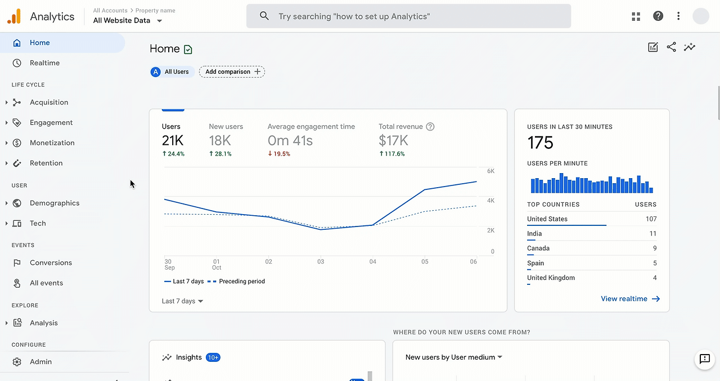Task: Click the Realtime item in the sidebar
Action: click(x=44, y=63)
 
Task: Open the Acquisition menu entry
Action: click(x=49, y=102)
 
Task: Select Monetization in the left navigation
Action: click(x=52, y=143)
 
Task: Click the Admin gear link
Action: click(x=40, y=362)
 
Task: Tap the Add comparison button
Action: click(x=232, y=72)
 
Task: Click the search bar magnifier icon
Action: click(x=264, y=16)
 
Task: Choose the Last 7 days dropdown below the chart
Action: click(x=182, y=301)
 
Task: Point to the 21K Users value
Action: click(x=173, y=140)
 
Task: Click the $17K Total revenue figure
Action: click(x=393, y=140)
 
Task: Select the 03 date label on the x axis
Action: click(x=321, y=262)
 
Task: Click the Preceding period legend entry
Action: click(x=241, y=282)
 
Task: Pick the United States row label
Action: click(x=547, y=219)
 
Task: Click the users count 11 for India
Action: click(x=652, y=234)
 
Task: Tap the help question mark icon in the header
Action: click(x=658, y=16)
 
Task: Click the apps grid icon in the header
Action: click(x=636, y=16)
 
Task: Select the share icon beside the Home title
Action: click(x=671, y=47)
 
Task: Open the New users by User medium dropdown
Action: click(x=453, y=357)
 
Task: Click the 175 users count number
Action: click(x=541, y=143)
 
